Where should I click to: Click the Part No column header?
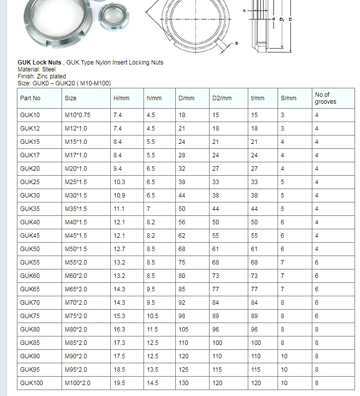[x=30, y=98]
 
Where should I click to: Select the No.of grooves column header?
[x=325, y=98]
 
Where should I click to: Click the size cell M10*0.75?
[x=77, y=115]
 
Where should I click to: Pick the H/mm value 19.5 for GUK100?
[x=119, y=383]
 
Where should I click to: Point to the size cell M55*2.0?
[x=76, y=263]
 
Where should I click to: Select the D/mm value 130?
[x=184, y=383]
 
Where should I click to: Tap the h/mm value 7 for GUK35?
[x=148, y=209]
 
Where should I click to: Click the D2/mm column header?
[x=222, y=98]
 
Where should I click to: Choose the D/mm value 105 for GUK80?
[x=184, y=330]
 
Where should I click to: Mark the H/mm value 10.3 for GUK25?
[x=119, y=182]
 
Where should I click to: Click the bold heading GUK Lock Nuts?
[x=40, y=63]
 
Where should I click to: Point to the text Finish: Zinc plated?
[x=42, y=76]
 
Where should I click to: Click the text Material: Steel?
[x=37, y=69]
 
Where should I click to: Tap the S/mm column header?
[x=288, y=98]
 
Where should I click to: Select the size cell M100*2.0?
[x=77, y=383]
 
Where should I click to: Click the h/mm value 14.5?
[x=152, y=383]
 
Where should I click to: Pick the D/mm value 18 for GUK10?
[x=182, y=115]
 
